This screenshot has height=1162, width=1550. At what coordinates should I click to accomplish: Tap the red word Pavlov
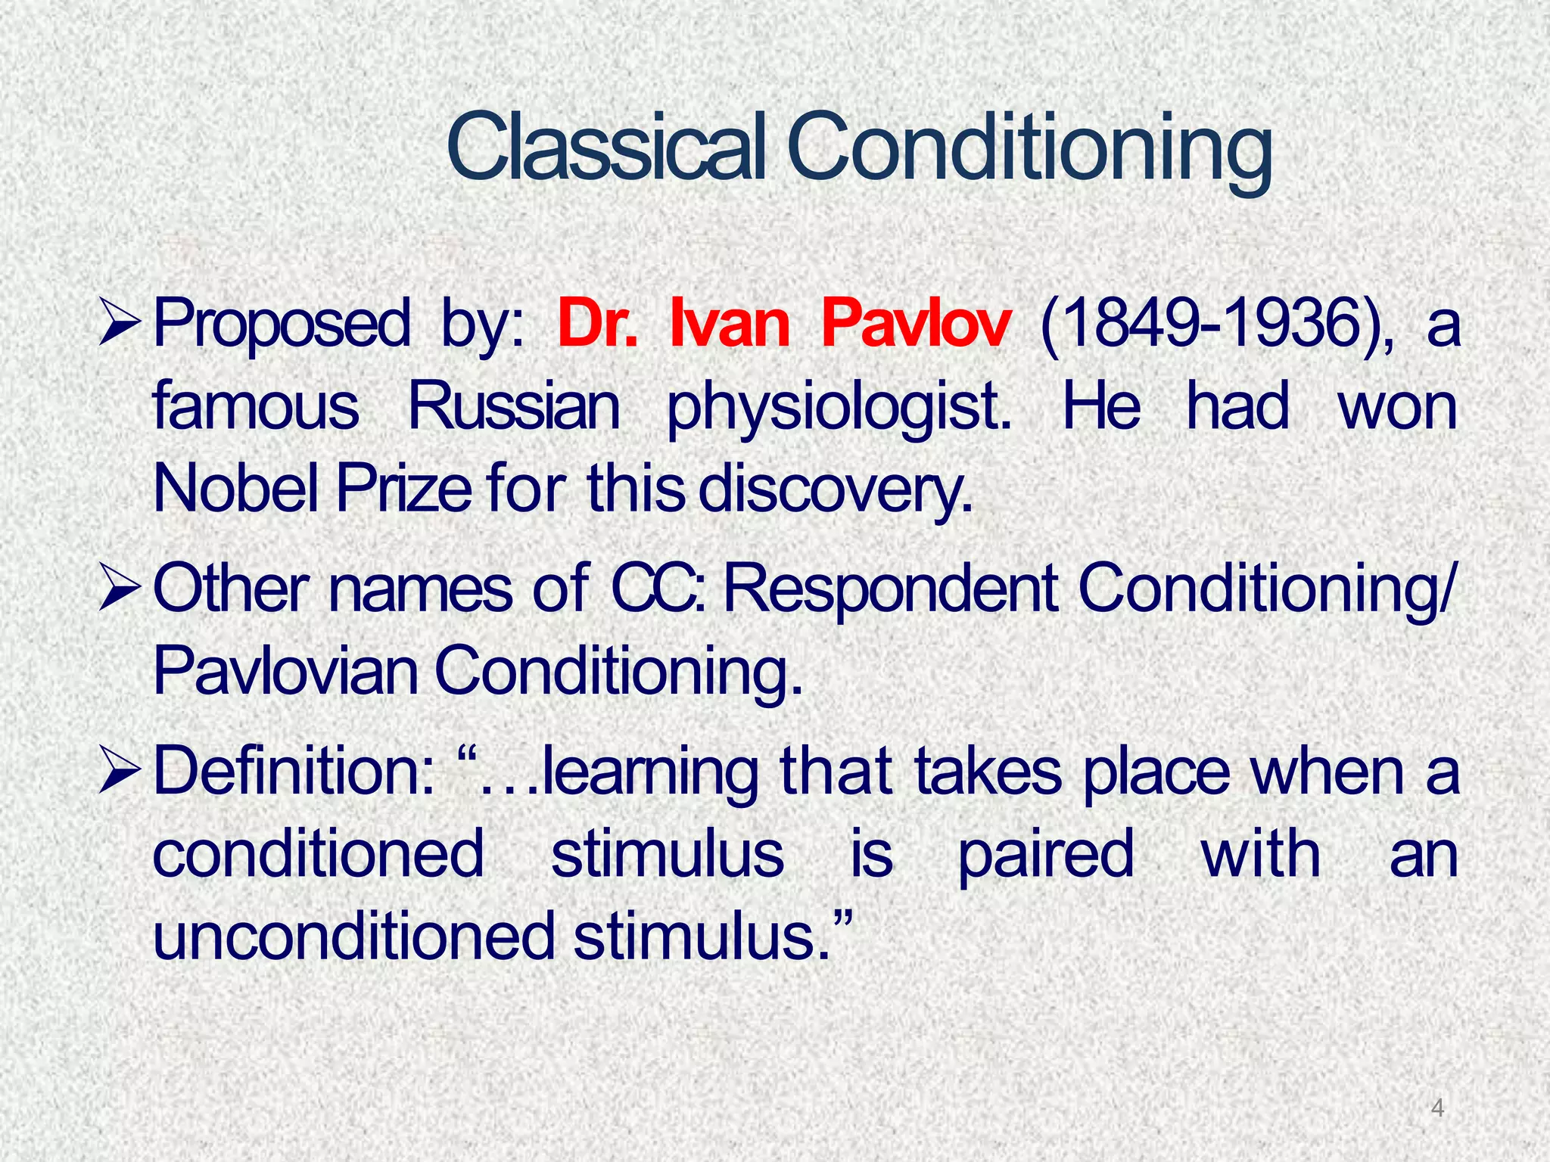915,325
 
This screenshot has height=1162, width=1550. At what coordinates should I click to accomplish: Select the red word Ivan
730,325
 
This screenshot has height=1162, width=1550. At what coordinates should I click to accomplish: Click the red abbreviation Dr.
597,325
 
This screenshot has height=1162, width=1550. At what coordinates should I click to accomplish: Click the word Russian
515,407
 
